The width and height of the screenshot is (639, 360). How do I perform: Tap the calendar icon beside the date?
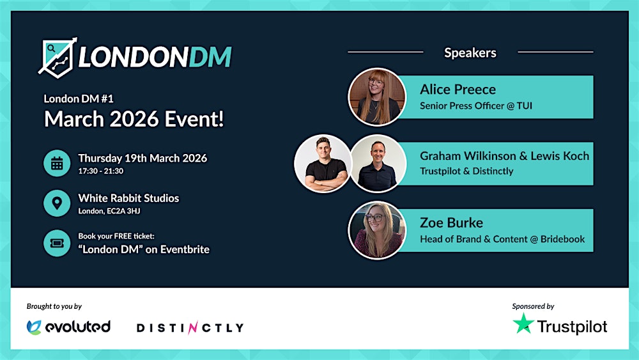click(x=57, y=163)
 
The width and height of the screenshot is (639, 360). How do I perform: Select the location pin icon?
click(x=57, y=203)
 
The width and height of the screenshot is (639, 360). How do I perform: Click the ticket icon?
click(x=57, y=243)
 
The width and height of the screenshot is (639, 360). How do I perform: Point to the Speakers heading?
click(x=470, y=53)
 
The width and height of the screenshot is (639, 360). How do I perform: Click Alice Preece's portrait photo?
click(x=376, y=97)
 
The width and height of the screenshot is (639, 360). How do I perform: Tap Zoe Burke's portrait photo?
click(x=376, y=230)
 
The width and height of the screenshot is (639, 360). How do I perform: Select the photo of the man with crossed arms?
click(x=323, y=163)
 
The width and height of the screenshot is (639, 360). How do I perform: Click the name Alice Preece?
click(x=458, y=90)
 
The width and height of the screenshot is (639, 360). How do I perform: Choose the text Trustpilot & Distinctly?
click(x=466, y=171)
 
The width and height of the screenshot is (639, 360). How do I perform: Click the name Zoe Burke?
click(x=451, y=223)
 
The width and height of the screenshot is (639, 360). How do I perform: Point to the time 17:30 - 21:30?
click(x=101, y=171)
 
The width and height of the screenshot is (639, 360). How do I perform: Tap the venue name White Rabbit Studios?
click(x=128, y=198)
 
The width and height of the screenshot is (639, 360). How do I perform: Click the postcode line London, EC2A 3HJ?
click(x=110, y=211)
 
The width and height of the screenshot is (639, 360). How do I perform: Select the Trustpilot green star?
click(x=523, y=324)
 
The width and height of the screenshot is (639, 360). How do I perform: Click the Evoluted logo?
click(x=69, y=327)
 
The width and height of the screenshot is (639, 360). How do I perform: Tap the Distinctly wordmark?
click(x=190, y=328)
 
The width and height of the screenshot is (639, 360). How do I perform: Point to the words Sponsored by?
click(x=533, y=306)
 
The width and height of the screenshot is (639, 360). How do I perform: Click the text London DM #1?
click(x=79, y=99)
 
